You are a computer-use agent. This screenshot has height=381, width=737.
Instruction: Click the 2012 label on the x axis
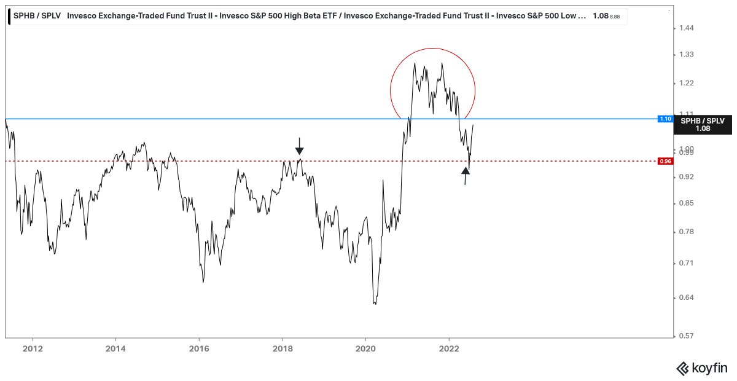click(32, 347)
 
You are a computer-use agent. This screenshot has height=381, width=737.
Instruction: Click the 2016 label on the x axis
click(199, 347)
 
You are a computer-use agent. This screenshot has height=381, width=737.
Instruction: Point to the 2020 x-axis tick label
click(365, 347)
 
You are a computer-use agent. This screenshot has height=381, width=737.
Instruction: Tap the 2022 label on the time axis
click(449, 347)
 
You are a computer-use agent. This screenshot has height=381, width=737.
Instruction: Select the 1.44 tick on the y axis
click(685, 28)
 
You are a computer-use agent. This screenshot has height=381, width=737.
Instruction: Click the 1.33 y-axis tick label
click(685, 55)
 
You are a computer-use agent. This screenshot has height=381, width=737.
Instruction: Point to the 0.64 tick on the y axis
click(685, 298)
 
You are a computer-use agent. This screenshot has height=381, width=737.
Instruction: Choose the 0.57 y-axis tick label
click(685, 336)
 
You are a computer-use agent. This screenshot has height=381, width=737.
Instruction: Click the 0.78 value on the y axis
click(685, 232)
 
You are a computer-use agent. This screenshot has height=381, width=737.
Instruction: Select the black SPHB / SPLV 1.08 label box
click(703, 125)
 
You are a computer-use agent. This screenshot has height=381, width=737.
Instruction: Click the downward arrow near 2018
click(299, 146)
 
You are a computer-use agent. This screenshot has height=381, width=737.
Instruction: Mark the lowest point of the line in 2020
click(375, 304)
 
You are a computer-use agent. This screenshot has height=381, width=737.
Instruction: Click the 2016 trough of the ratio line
click(203, 282)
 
